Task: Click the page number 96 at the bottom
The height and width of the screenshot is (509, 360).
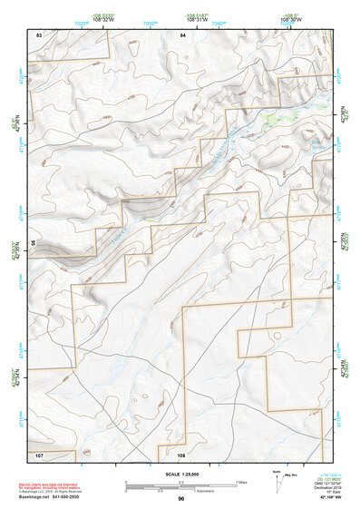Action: tap(181, 499)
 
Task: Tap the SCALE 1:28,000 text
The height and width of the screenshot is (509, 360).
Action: tap(181, 475)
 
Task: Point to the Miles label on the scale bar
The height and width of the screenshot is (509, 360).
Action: tap(240, 481)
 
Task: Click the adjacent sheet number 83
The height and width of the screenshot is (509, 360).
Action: tap(39, 34)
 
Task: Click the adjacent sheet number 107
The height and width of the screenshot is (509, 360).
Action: tap(39, 453)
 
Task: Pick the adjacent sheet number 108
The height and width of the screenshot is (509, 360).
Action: tap(181, 454)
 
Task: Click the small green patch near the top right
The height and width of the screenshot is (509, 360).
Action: tap(273, 117)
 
